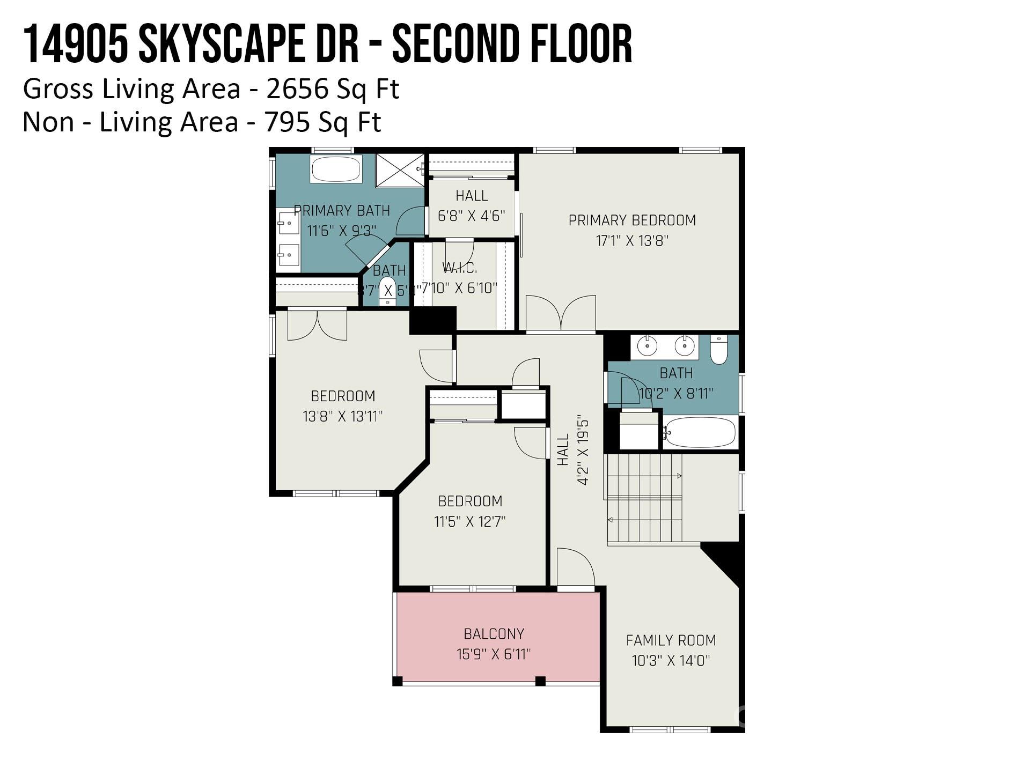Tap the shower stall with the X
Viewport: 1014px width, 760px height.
pyautogui.click(x=400, y=170)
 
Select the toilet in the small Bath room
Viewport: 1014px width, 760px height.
pyautogui.click(x=387, y=291)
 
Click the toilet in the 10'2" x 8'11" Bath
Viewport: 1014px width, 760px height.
pyautogui.click(x=718, y=350)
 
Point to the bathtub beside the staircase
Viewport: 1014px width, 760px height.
pyautogui.click(x=700, y=432)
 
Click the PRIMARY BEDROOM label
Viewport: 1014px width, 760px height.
pyautogui.click(x=632, y=220)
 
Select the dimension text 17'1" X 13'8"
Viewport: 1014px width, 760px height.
pyautogui.click(x=632, y=241)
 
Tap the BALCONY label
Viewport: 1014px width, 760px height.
pyautogui.click(x=494, y=634)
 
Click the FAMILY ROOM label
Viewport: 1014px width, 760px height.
pyautogui.click(x=671, y=640)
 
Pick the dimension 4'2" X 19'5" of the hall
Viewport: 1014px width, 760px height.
pyautogui.click(x=583, y=449)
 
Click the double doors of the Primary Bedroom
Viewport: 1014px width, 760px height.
pyautogui.click(x=561, y=314)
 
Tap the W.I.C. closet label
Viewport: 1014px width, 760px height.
pyautogui.click(x=459, y=268)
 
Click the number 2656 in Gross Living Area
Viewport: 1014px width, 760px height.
pyautogui.click(x=297, y=89)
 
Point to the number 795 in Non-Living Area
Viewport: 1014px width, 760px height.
pyautogui.click(x=287, y=122)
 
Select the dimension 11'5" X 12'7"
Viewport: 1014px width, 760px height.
pyautogui.click(x=469, y=521)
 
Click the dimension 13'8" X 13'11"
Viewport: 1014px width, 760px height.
pyautogui.click(x=342, y=416)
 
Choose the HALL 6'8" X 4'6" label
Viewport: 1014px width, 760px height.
pyautogui.click(x=471, y=206)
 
